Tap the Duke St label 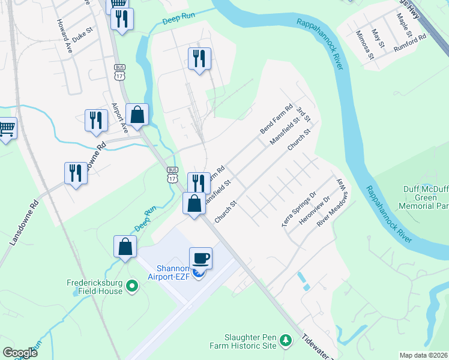point(83,29)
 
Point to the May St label point(378,38)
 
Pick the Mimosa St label point(364,45)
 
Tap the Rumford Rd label point(409,43)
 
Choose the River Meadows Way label point(333,202)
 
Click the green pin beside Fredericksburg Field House point(132,286)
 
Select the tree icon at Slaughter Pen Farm point(286,341)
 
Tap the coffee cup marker point(200,257)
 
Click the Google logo point(20,353)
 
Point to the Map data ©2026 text point(423,355)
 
